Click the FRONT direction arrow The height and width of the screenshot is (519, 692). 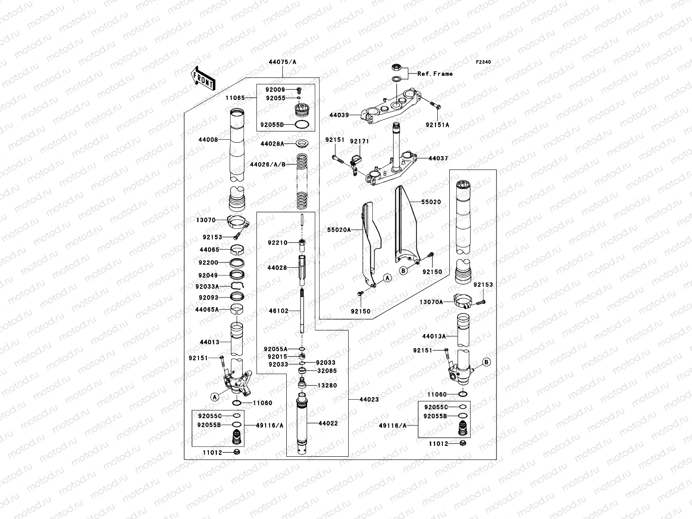click(203, 78)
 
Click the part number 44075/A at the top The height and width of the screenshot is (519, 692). click(282, 62)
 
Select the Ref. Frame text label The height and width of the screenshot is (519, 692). click(435, 74)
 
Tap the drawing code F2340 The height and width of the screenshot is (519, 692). click(483, 62)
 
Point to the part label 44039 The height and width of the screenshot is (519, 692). click(339, 115)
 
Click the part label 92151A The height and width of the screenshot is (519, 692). click(437, 125)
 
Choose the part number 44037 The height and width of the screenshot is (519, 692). click(438, 158)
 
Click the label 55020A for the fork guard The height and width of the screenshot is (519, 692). click(339, 230)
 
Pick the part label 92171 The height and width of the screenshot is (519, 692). click(359, 141)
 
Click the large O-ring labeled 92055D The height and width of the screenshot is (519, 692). click(301, 125)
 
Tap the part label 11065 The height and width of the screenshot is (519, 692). click(235, 98)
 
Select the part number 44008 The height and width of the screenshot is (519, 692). click(208, 140)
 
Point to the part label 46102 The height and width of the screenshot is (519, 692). click(279, 311)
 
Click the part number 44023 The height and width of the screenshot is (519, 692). click(369, 399)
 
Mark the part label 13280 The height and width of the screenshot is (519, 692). click(327, 385)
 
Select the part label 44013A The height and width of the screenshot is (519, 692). click(434, 336)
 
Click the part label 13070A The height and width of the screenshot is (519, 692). click(431, 302)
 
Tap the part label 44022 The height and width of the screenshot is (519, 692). click(328, 423)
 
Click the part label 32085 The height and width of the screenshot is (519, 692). click(327, 371)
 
